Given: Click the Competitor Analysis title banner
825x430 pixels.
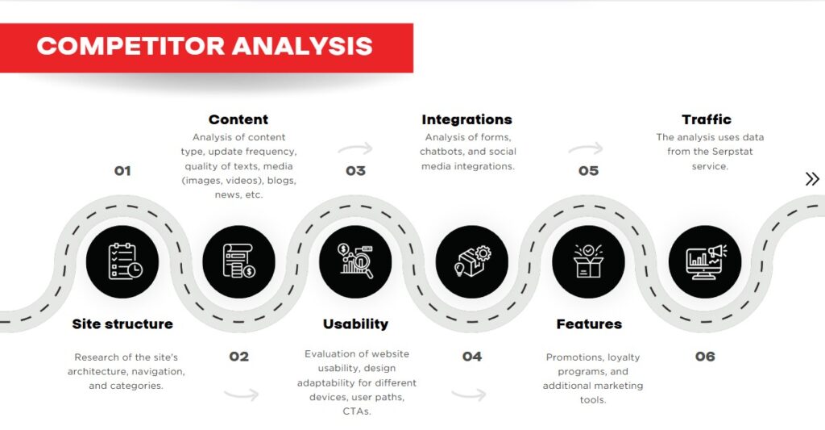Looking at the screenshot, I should [x=205, y=46].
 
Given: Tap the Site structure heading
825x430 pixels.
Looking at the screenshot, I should [x=122, y=324].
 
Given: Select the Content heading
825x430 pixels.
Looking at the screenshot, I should [x=238, y=120].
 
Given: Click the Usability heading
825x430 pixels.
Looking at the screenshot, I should [x=355, y=324].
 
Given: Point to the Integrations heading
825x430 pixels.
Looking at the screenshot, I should [x=467, y=120].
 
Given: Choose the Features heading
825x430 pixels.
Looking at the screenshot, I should [x=589, y=324].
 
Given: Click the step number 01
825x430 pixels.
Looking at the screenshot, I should [x=122, y=171].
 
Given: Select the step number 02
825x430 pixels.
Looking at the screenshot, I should [x=239, y=357].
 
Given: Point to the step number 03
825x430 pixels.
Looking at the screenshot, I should [x=355, y=171].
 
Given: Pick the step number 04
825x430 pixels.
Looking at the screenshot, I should [x=472, y=357].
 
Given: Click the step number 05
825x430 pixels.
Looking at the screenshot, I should [x=589, y=171].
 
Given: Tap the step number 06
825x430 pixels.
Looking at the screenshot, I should [x=705, y=357].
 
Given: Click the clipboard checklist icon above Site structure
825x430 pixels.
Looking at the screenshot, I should [x=122, y=261].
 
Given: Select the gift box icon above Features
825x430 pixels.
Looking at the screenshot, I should [x=589, y=261].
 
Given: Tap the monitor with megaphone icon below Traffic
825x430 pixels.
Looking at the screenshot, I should [x=705, y=261].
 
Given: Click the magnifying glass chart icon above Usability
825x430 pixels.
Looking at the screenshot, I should [x=355, y=261].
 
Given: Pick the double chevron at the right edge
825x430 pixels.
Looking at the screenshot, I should [x=812, y=179].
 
